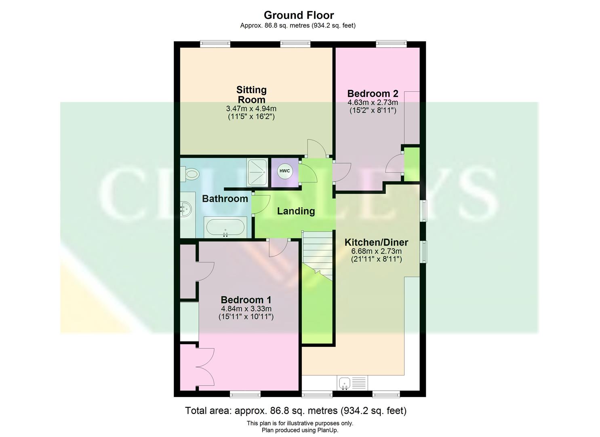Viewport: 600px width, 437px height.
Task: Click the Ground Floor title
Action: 299,15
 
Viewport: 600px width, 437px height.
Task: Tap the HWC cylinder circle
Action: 284,171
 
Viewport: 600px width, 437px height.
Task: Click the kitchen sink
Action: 344,382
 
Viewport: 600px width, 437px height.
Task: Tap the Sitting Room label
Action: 251,95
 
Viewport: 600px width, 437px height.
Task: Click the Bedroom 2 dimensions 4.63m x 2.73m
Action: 373,103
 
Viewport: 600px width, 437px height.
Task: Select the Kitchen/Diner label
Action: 376,242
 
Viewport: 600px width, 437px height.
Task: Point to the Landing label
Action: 296,211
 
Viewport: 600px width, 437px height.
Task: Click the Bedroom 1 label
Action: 246,300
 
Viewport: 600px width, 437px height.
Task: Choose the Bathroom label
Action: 225,199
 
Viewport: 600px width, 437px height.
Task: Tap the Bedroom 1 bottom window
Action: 245,393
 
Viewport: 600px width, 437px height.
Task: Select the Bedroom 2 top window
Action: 391,44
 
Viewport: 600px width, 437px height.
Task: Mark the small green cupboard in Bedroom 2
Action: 412,164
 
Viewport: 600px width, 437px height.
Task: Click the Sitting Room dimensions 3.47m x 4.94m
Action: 251,109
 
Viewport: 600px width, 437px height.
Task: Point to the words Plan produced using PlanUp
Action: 299,430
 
